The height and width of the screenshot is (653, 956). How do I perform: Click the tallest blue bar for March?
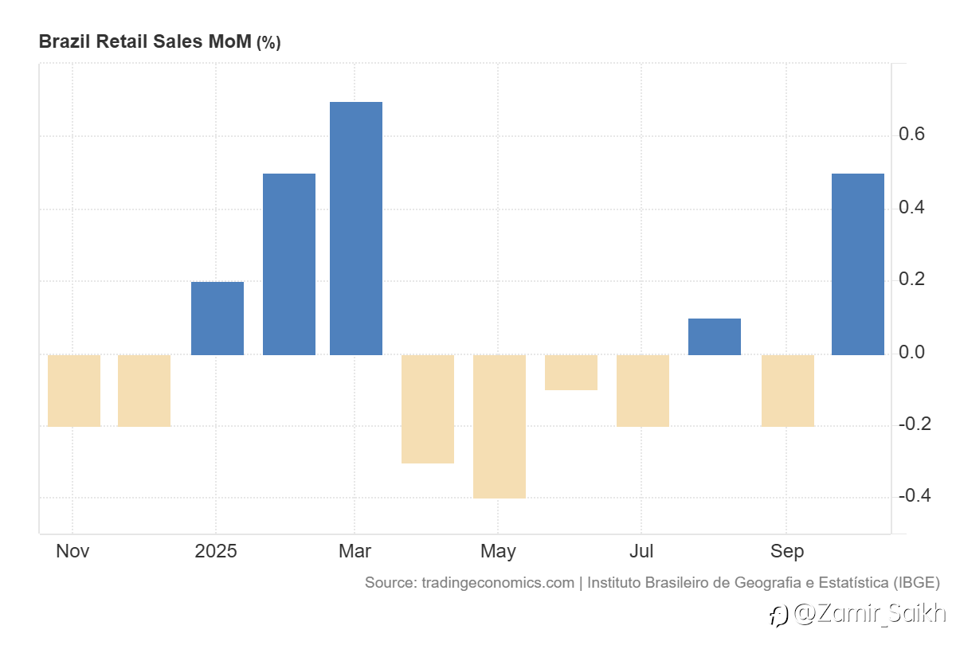355,228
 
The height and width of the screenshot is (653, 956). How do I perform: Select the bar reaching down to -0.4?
499,426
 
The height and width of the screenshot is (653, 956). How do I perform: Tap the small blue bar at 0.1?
714,336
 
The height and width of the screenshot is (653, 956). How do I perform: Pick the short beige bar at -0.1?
570,372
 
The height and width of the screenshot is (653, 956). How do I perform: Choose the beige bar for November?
74,390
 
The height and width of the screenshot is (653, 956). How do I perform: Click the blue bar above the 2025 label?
217,318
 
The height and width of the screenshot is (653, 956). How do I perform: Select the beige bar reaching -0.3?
427,409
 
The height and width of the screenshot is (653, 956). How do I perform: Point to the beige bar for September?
787,390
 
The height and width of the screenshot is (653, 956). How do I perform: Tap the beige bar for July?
642,390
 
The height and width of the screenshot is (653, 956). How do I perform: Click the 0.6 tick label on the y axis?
911,134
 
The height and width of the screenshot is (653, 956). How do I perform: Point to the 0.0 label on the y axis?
911,352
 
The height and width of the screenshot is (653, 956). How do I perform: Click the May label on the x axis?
498,551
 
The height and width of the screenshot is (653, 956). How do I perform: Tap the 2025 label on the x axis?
216,551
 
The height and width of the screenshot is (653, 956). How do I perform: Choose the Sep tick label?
786,551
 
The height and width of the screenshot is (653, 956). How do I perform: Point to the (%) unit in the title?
268,42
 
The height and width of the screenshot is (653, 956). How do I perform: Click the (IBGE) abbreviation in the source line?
916,583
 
